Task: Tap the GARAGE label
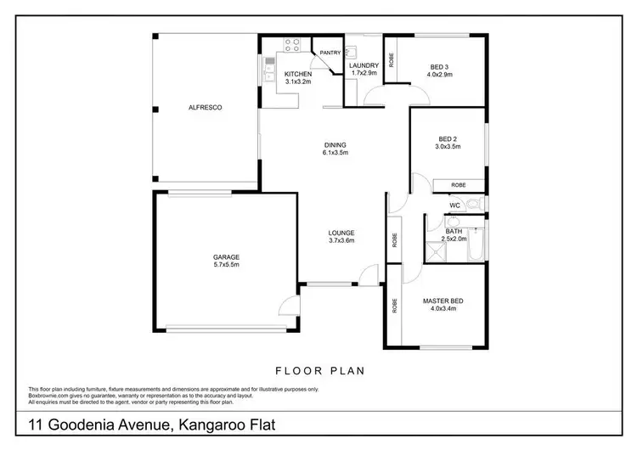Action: tap(225, 257)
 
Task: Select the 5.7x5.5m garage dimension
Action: tap(225, 266)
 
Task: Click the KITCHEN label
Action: tap(297, 74)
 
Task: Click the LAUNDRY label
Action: tap(363, 65)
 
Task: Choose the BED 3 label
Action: tap(439, 65)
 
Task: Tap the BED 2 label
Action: tap(448, 138)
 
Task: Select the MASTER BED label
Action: tap(443, 301)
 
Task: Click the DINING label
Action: tap(335, 145)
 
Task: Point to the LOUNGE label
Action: tap(341, 233)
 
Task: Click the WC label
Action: tap(454, 205)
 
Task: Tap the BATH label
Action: tap(454, 231)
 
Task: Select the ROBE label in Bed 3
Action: tap(392, 60)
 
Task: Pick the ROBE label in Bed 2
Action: tap(458, 184)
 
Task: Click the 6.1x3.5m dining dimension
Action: tap(335, 154)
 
